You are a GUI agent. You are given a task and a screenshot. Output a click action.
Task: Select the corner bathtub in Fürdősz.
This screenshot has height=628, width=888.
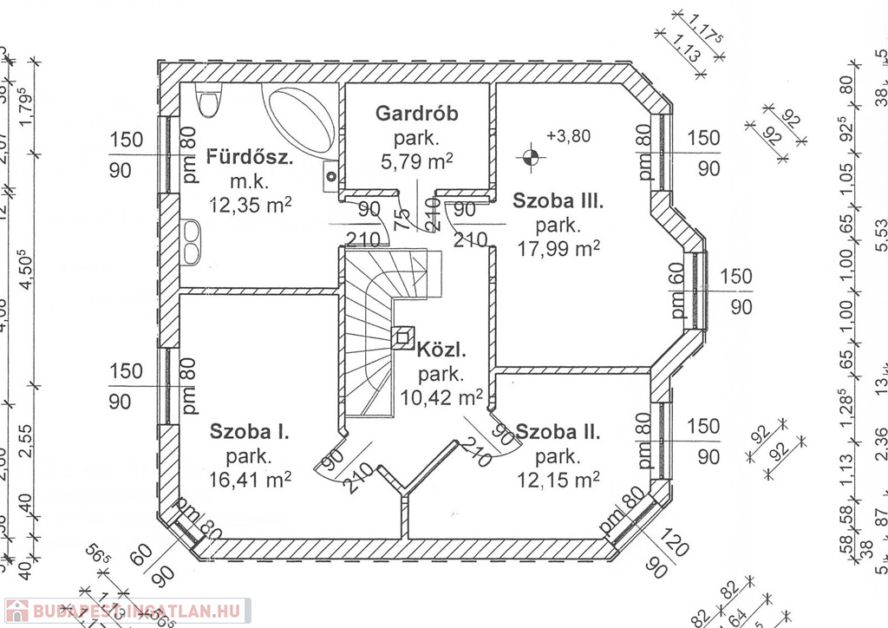(299, 121)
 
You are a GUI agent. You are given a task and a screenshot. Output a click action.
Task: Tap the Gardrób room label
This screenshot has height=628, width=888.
(416, 114)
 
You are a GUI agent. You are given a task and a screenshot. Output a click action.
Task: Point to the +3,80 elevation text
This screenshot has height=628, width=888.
(569, 135)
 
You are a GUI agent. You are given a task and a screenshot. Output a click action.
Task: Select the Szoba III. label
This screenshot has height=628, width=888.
(557, 201)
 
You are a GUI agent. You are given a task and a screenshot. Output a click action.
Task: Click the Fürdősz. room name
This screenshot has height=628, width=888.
(250, 158)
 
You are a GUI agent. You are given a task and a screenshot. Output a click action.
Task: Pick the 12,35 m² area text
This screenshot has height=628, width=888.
(250, 204)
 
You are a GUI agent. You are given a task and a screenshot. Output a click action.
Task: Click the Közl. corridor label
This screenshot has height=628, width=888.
(441, 351)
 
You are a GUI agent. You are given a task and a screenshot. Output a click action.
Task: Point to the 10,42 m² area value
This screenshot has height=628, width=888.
(442, 398)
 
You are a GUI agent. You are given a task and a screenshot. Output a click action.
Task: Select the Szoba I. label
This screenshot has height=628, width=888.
(250, 431)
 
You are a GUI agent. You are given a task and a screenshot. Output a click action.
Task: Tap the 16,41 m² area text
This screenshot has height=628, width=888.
(250, 478)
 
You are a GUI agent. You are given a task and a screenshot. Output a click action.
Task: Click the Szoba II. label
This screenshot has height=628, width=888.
(557, 432)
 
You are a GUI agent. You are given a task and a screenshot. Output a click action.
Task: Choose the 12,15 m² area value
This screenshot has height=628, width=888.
(558, 479)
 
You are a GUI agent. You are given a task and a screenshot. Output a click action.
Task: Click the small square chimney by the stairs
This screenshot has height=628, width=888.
(404, 337)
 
